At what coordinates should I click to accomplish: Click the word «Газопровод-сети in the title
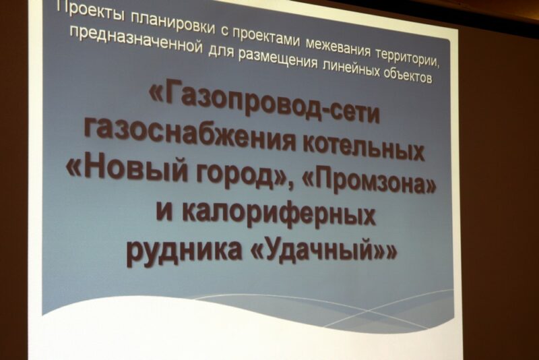[x=265, y=102]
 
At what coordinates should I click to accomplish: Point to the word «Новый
[x=127, y=169]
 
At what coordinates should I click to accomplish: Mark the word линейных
[x=351, y=69]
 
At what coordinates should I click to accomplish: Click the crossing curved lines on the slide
[x=369, y=311]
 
